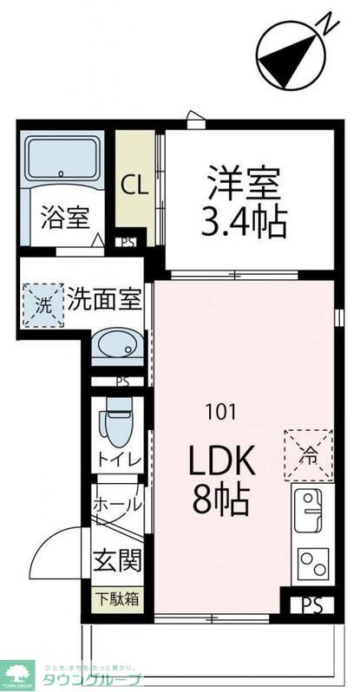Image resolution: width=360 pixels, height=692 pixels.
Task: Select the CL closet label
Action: [x=134, y=185]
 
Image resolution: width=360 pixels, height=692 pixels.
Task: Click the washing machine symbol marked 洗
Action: [x=43, y=305]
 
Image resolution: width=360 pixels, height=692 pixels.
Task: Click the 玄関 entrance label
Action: [x=117, y=561]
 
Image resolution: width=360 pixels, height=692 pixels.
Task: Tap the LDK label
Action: [x=221, y=461]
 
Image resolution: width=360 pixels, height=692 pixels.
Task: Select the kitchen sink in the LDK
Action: [x=310, y=510]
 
